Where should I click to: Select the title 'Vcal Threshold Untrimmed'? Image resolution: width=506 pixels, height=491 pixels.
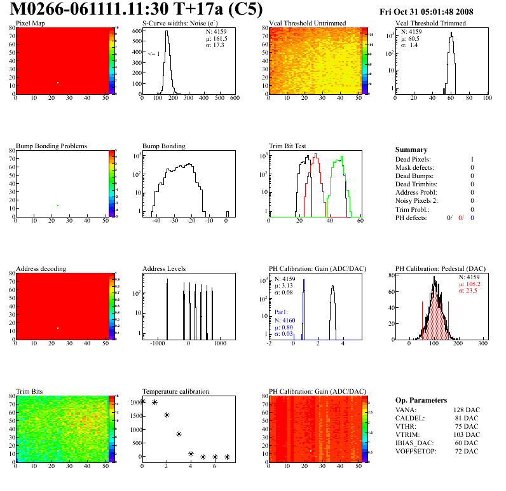[x=307, y=24]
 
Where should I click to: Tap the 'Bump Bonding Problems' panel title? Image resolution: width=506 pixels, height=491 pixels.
[x=51, y=146]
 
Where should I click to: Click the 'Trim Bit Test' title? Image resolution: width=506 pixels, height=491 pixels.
[x=287, y=146]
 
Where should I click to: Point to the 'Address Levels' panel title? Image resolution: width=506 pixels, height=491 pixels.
[x=164, y=268]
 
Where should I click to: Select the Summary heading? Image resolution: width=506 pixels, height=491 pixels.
[x=411, y=149]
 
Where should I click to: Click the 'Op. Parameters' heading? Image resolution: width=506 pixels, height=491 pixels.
[x=421, y=400]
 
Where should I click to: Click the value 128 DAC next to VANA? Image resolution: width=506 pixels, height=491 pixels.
[x=465, y=410]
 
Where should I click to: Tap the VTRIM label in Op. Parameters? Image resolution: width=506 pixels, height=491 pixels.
[x=406, y=434]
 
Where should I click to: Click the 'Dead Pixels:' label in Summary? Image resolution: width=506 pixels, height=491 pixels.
[x=413, y=159]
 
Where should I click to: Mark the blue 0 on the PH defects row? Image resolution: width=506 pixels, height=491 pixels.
[x=472, y=218]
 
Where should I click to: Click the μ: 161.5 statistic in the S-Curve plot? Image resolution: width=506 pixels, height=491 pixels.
[x=217, y=38]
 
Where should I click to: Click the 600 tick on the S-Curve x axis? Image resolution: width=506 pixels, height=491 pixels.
[x=234, y=98]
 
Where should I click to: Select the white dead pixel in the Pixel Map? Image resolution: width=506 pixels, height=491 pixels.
[x=58, y=83]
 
